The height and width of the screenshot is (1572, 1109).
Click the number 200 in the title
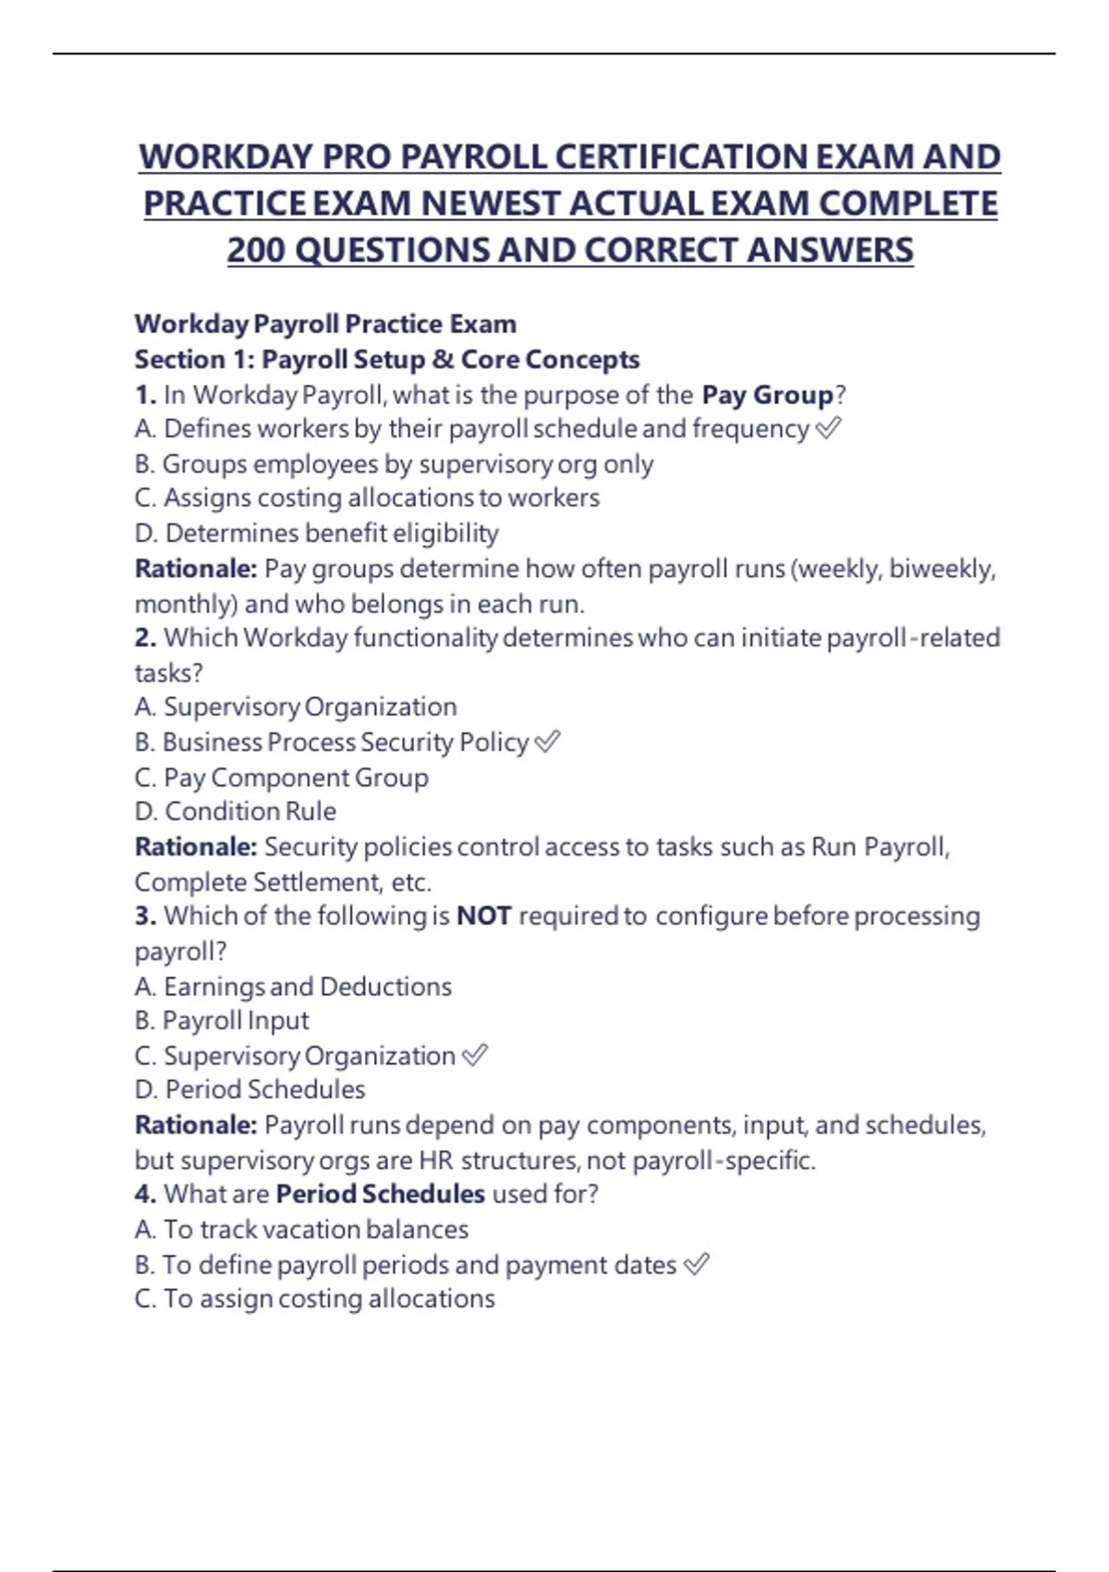(x=256, y=250)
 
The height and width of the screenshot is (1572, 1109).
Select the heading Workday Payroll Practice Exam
(x=325, y=324)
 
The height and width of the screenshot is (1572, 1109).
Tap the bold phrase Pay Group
(x=767, y=395)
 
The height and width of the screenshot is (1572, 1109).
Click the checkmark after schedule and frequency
(x=829, y=428)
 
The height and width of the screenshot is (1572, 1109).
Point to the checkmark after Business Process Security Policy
(x=548, y=742)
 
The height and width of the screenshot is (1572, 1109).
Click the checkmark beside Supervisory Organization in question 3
(x=474, y=1055)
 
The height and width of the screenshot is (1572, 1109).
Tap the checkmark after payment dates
(x=696, y=1264)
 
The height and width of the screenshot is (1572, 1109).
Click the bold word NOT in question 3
(x=483, y=915)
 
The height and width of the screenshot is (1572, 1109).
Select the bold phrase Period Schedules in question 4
(x=380, y=1194)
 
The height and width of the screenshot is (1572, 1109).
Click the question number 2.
(x=145, y=637)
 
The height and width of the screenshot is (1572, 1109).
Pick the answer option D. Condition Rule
(x=236, y=811)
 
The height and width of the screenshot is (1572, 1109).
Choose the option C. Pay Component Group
(x=282, y=777)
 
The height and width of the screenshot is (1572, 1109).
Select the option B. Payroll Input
(x=222, y=1020)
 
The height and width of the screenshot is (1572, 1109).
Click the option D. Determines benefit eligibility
(x=317, y=533)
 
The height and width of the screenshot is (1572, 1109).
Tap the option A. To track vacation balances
(x=301, y=1229)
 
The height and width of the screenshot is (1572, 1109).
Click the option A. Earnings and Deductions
(x=293, y=986)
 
